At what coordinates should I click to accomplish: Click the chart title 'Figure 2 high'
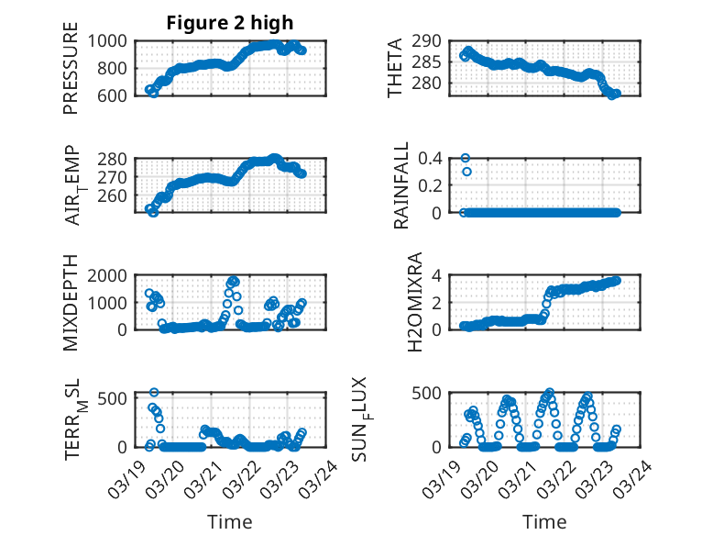(x=230, y=23)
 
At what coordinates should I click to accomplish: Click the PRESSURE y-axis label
(x=71, y=68)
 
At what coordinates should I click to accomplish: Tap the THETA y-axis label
(x=395, y=68)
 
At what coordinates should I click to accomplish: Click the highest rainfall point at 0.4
(x=466, y=158)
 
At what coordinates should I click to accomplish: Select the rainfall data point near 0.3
(x=466, y=172)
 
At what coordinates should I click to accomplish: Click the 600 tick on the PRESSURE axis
(x=117, y=95)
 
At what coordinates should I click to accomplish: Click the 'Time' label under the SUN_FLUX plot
(x=544, y=521)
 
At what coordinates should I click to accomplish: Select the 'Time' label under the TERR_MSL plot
(x=230, y=521)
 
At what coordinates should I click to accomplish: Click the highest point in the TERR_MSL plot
(x=154, y=393)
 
